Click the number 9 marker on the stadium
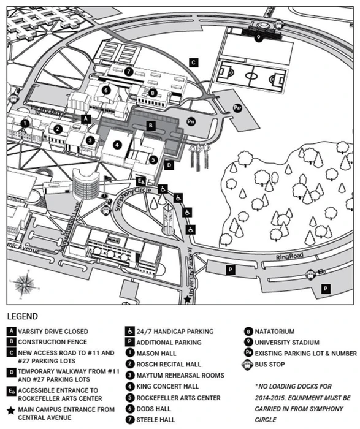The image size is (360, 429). (258, 37)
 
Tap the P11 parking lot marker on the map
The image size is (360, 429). (191, 122)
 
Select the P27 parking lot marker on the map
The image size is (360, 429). (237, 108)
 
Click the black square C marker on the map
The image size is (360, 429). (193, 62)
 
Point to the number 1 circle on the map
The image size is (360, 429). (24, 123)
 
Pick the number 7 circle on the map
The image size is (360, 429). (128, 71)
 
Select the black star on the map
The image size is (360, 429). (187, 300)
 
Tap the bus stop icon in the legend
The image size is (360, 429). (250, 365)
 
